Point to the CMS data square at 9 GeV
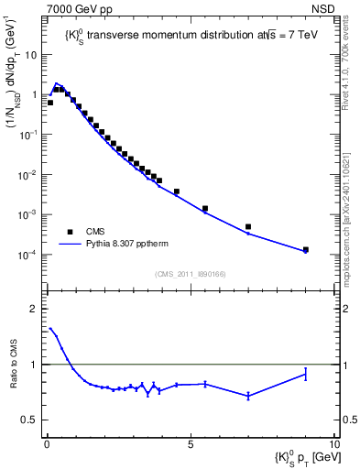click(x=306, y=249)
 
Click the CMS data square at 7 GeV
click(x=248, y=226)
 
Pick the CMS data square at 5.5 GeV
click(x=205, y=209)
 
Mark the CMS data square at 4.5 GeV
click(x=177, y=191)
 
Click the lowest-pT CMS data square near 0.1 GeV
click(x=50, y=103)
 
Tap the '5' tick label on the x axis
click(x=190, y=443)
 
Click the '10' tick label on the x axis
click(x=333, y=443)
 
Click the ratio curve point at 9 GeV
click(x=306, y=374)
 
